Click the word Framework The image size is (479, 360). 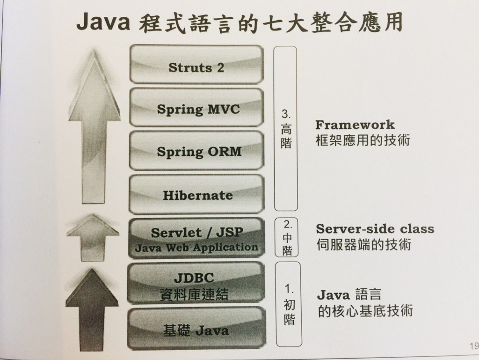click(355, 125)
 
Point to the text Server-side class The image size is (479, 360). click(375, 229)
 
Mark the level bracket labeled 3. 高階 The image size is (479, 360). click(286, 128)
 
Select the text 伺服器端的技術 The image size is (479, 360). click(363, 245)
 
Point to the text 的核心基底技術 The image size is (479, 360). click(365, 311)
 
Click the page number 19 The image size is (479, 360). click(473, 346)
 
